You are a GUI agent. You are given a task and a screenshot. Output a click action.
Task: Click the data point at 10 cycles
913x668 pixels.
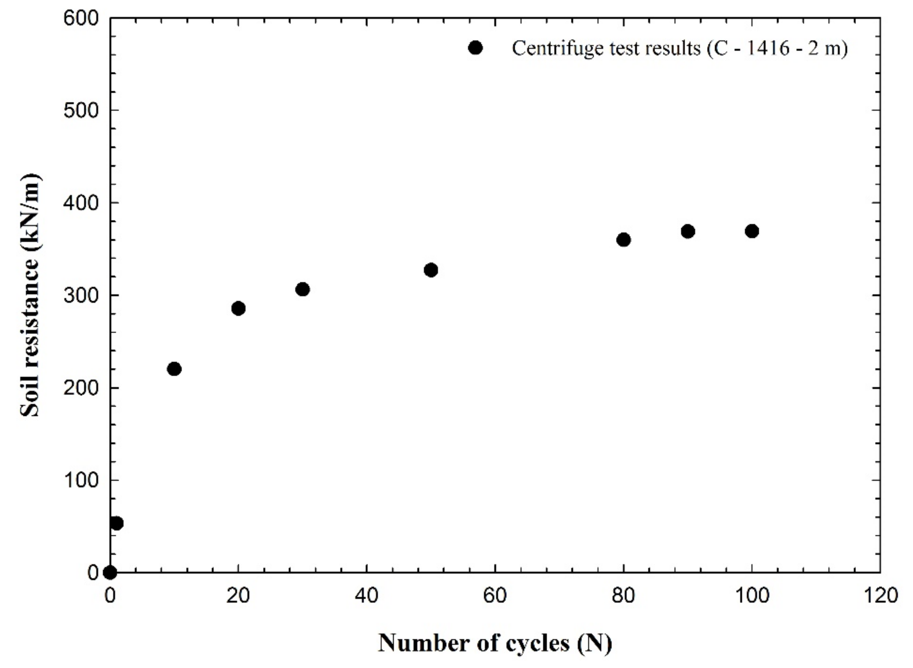174,369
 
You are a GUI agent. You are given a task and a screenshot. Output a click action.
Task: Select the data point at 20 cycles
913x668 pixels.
238,308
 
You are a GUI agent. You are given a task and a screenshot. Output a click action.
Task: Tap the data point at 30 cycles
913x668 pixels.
302,289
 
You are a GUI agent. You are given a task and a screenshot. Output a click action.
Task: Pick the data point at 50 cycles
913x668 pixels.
431,270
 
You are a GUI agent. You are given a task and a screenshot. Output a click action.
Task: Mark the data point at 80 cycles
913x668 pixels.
624,240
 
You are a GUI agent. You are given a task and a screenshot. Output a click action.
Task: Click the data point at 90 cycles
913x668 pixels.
688,232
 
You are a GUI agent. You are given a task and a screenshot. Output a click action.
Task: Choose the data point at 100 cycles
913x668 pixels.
752,231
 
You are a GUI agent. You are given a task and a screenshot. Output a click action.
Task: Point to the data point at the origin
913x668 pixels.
110,573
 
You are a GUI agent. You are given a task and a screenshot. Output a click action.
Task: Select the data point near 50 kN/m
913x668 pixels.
117,523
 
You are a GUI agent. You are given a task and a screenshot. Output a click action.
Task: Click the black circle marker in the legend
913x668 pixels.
476,48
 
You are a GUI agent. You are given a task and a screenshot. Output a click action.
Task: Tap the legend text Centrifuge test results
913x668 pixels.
680,49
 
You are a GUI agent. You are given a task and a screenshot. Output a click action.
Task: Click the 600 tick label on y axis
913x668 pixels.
81,19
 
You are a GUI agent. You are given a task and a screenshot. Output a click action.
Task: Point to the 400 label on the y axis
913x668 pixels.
81,202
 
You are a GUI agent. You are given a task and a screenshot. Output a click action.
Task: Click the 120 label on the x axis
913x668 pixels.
880,596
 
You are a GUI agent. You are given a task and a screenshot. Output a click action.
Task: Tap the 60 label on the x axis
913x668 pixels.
495,596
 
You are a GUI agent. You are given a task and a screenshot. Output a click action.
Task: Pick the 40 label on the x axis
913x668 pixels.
367,596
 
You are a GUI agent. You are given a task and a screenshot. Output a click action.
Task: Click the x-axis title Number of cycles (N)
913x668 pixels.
495,642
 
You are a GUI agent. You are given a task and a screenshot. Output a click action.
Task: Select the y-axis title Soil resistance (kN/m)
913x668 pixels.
30,295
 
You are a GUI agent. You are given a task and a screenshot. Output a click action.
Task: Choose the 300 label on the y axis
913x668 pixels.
81,295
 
